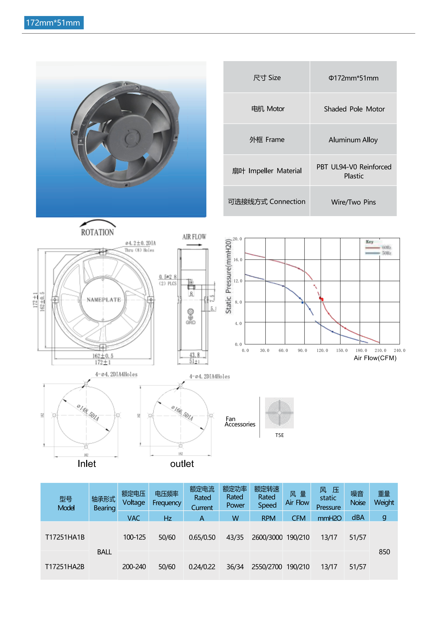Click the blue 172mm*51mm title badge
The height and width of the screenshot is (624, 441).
point(54,23)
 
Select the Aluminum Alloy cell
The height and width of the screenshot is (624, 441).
point(353,140)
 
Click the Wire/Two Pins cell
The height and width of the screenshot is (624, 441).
point(353,202)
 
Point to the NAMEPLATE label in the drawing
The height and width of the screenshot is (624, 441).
point(104,300)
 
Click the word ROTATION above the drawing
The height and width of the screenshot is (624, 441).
point(97,232)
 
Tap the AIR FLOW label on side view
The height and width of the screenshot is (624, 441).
point(194,237)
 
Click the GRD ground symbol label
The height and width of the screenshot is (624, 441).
point(191,322)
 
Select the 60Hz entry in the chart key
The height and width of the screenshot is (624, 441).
point(386,247)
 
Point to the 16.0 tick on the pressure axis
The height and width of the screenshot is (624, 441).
point(238,260)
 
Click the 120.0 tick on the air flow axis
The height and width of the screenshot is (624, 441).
point(322,350)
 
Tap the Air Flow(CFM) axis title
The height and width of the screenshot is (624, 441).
point(375,358)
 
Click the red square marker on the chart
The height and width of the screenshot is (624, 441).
point(321,299)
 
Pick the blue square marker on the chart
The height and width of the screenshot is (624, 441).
point(303,302)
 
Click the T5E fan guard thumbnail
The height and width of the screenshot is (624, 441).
point(279,413)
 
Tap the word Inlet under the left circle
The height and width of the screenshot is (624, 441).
point(87,464)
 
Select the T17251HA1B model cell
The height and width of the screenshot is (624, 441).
point(65,537)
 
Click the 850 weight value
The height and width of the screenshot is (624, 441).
point(384,552)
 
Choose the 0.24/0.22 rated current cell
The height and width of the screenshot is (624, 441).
point(202,567)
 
